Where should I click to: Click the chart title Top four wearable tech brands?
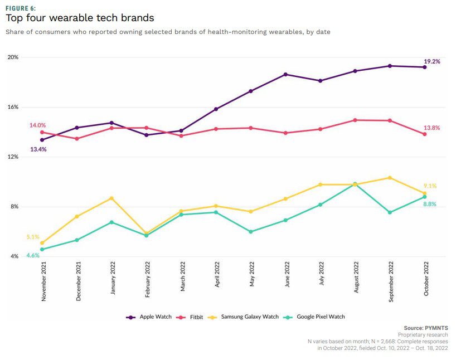[x=80, y=18]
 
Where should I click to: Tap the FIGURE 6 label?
[x=21, y=8]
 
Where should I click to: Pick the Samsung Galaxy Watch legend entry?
[x=249, y=317]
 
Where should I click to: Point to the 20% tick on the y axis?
[x=13, y=57]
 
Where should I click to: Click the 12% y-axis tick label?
[x=13, y=157]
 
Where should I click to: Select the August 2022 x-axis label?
[x=355, y=280]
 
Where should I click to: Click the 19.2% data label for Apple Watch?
[x=431, y=61]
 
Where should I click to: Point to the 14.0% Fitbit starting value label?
[x=37, y=125]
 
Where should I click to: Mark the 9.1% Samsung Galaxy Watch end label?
[x=430, y=186]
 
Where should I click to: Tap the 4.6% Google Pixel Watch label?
[x=33, y=255]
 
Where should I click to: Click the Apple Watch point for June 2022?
[x=285, y=74]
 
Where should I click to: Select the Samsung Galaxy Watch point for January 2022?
[x=111, y=198]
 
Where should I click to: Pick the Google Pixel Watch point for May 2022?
[x=251, y=231]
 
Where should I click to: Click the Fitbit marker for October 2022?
[x=424, y=134]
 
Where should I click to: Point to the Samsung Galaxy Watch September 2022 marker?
[x=390, y=178]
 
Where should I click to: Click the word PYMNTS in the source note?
[x=436, y=328]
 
